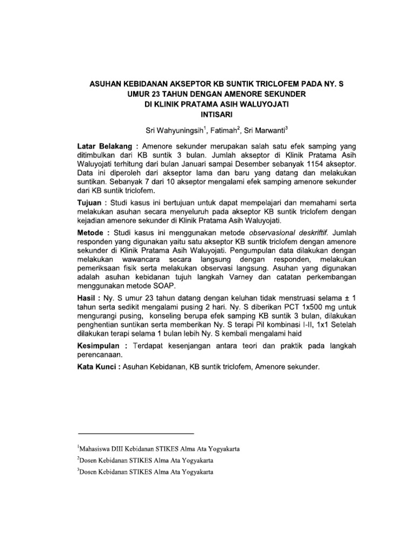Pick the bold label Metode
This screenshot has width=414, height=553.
(x=92, y=232)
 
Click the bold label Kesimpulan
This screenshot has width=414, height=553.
(x=102, y=346)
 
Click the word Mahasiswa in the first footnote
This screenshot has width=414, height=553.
(x=100, y=449)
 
